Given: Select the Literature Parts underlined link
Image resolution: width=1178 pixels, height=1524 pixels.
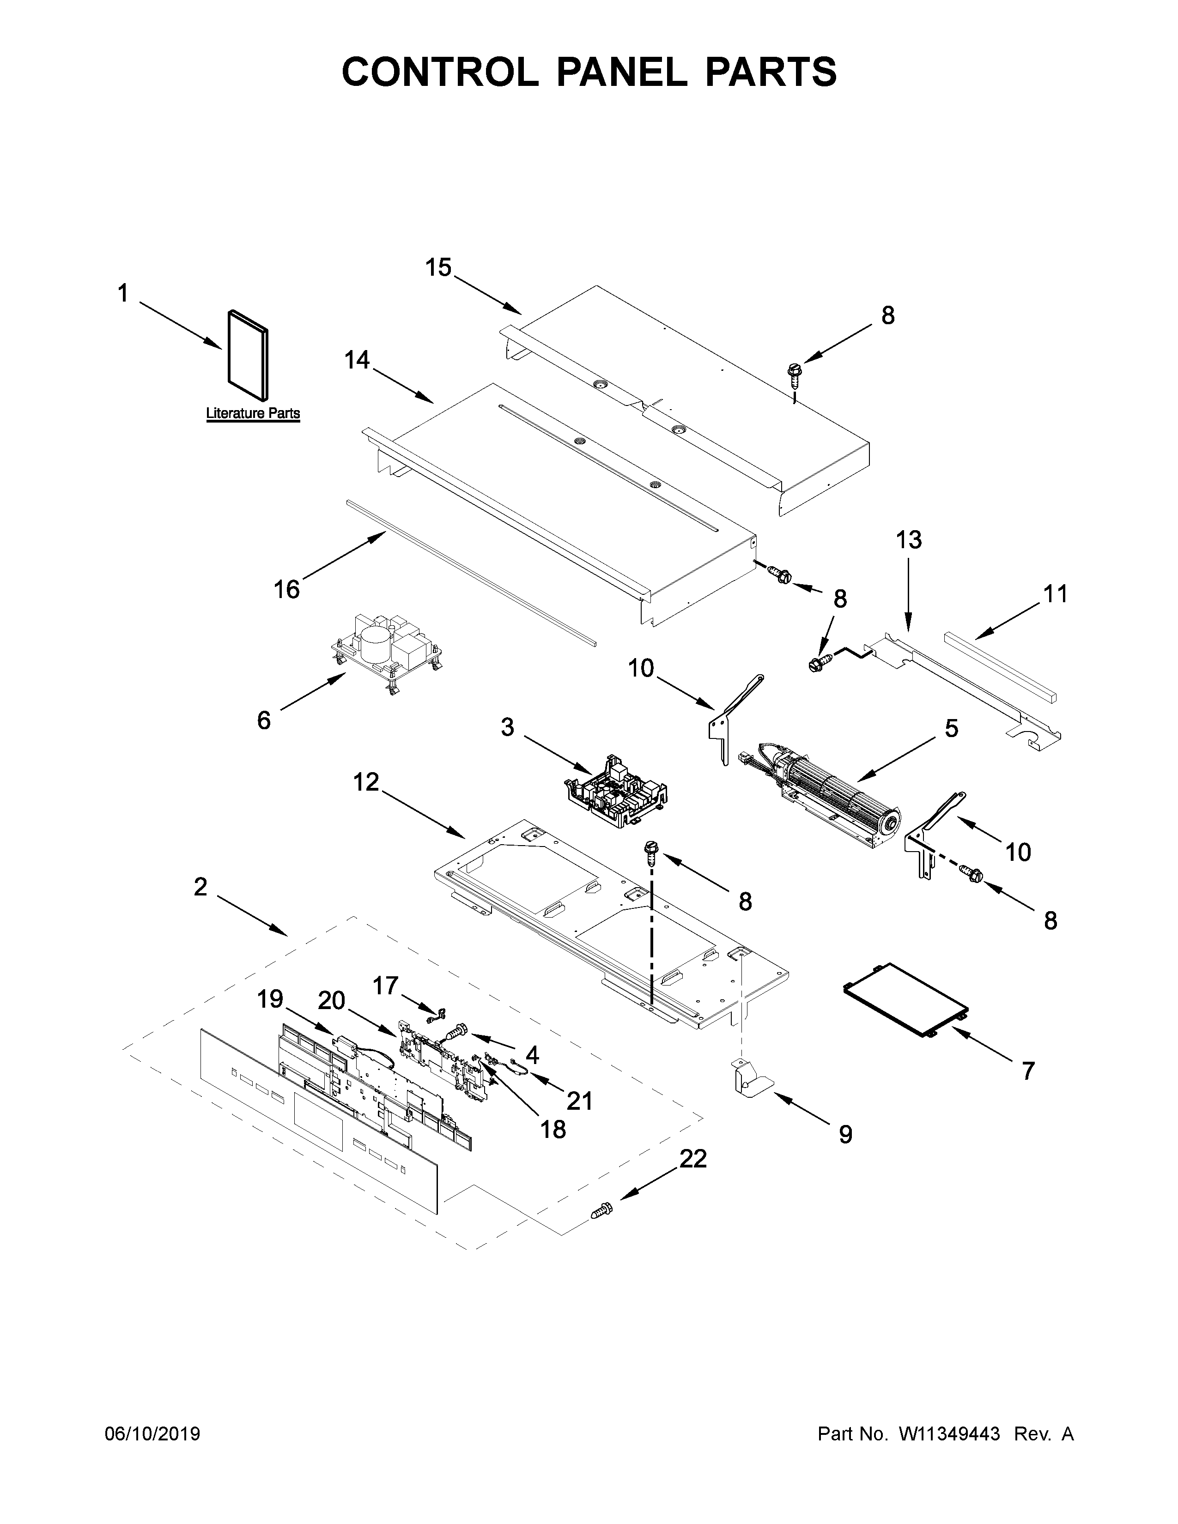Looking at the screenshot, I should (253, 413).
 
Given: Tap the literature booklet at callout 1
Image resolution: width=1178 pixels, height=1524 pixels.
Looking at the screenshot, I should (248, 358).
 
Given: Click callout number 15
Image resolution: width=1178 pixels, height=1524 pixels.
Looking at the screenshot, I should (439, 267).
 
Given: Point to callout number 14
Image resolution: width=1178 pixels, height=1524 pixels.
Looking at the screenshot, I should (357, 360).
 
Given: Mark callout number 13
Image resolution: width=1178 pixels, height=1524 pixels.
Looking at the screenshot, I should (909, 539).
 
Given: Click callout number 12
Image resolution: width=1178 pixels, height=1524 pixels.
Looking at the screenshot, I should (366, 782).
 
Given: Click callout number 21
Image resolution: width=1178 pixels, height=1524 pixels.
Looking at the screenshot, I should (579, 1101).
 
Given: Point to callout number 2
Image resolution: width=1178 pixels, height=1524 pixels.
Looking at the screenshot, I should (200, 887).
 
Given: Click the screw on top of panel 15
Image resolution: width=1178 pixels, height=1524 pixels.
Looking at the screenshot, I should (794, 371).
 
